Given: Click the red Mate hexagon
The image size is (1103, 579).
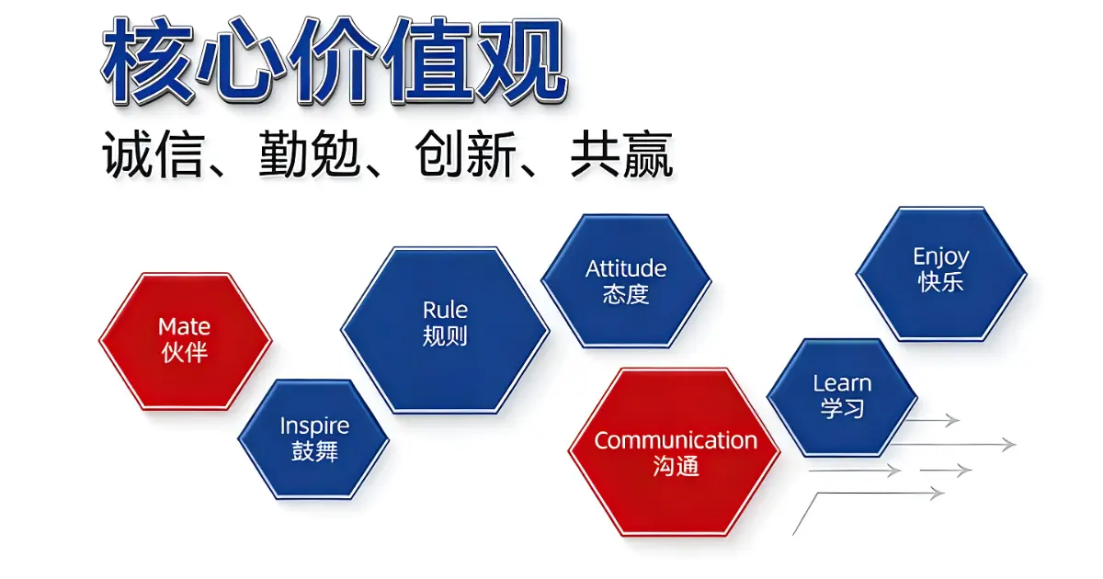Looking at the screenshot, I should point(185,340).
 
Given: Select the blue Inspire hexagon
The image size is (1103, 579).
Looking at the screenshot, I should point(313,439).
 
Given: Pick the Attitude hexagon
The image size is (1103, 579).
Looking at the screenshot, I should point(626,279).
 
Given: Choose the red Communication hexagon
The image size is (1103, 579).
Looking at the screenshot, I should point(675,451).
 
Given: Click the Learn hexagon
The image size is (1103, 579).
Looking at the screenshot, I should point(842,396).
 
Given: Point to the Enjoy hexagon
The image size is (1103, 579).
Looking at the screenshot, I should point(941,272).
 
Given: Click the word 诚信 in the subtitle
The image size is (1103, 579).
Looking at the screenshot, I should point(152,154).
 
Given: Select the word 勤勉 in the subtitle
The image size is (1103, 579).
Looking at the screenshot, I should point(308,154).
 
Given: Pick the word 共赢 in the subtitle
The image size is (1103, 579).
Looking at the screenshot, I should point(621,154).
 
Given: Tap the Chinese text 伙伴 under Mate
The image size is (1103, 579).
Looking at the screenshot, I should point(185,352).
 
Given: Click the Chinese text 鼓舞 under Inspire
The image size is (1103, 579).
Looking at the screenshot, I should point(314,451).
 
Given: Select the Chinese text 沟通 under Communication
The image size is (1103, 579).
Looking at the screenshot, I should point(676,466).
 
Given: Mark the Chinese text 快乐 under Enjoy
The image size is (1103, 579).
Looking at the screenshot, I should point(941,282).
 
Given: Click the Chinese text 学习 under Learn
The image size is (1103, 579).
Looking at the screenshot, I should point(843,408).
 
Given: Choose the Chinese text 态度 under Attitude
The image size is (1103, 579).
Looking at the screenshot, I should point(626,294).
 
